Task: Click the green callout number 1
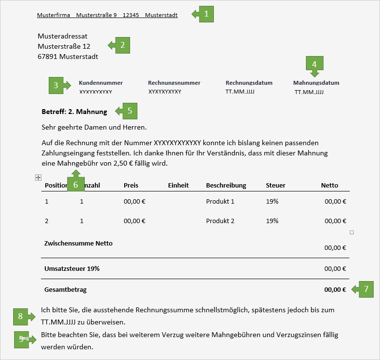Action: pyautogui.click(x=206, y=14)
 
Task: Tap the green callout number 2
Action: pyautogui.click(x=122, y=45)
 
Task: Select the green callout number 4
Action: pyautogui.click(x=314, y=64)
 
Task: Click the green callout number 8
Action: pyautogui.click(x=21, y=317)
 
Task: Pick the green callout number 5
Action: pyautogui.click(x=129, y=111)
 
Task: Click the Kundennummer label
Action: pyautogui.click(x=101, y=83)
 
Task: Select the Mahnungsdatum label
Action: pyautogui.click(x=316, y=83)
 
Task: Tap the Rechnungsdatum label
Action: pyautogui.click(x=249, y=83)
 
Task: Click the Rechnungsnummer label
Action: pyautogui.click(x=174, y=83)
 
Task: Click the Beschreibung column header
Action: pyautogui.click(x=226, y=185)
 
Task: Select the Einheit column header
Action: pyautogui.click(x=178, y=185)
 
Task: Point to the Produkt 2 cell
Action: pyautogui.click(x=220, y=221)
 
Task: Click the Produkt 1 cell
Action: pyautogui.click(x=220, y=201)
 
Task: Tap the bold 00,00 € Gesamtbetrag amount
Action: pyautogui.click(x=335, y=289)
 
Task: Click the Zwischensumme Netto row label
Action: pyautogui.click(x=78, y=243)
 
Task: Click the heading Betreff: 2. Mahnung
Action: pyautogui.click(x=75, y=112)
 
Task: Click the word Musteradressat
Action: pyautogui.click(x=63, y=36)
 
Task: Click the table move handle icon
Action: pyautogui.click(x=38, y=178)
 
